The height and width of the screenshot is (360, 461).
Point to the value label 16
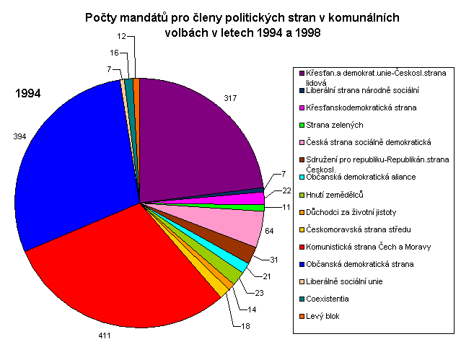[115, 53]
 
